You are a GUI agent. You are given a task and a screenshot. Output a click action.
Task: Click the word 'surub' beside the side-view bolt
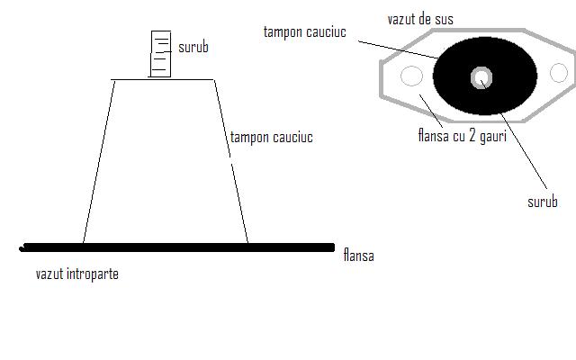pos(193,47)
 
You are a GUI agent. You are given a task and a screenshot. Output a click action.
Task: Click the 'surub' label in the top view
pos(542,202)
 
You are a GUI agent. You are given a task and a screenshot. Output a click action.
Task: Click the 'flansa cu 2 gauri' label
pos(463,138)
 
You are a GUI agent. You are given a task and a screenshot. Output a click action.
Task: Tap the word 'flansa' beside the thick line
pos(358,256)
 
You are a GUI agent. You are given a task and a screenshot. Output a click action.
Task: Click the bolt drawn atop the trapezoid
pos(160,54)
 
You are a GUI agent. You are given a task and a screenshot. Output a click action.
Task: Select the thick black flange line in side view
pos(180,246)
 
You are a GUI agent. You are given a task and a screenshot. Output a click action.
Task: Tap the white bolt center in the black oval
pos(482,77)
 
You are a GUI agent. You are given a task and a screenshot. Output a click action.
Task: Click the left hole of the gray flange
pos(411,76)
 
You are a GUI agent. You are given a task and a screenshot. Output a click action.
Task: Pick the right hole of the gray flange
pos(559,73)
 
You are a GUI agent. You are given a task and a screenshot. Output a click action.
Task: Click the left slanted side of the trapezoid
pos(98,162)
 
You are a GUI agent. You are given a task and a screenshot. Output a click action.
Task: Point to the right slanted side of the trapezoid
pos(230,162)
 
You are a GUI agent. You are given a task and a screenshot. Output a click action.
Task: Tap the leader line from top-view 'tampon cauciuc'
pos(396,48)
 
